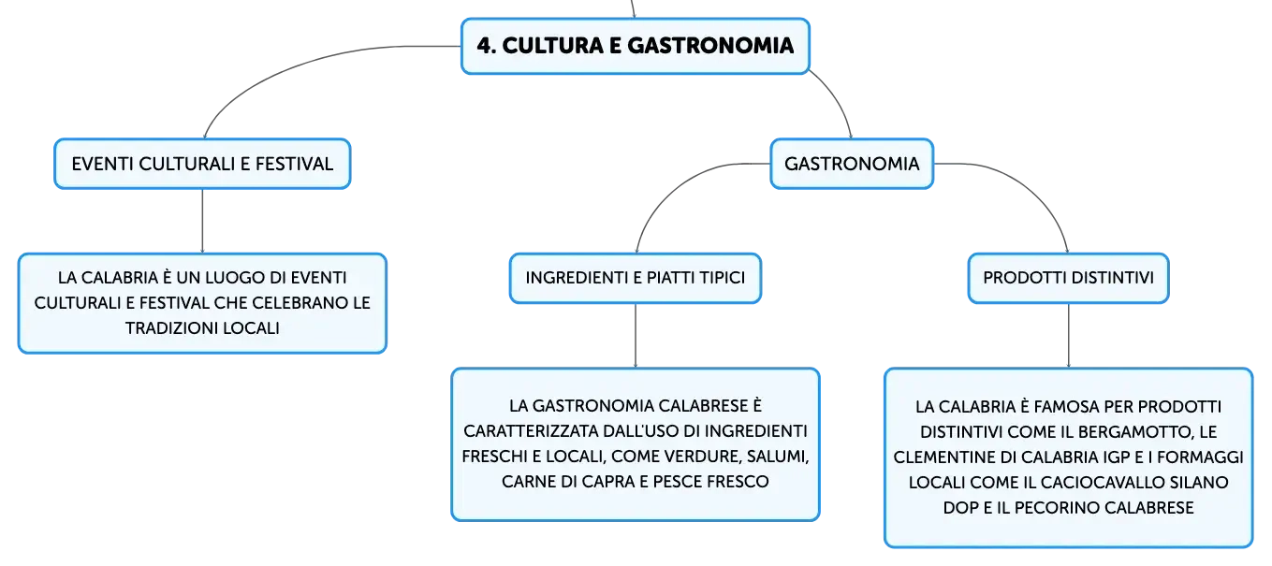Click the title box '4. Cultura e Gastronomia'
635,46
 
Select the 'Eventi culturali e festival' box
202,164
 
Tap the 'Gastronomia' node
852,164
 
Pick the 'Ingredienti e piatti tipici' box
636,278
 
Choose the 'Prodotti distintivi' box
1068,278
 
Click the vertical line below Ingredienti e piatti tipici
636,336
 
